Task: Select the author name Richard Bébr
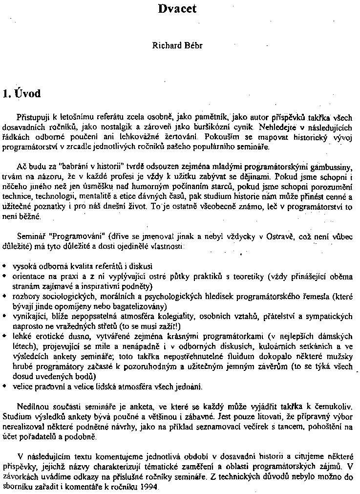(178, 46)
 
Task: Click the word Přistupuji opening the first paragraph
(33, 118)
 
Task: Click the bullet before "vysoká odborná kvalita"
(4, 266)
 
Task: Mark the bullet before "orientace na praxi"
(4, 277)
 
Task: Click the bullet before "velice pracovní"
(4, 386)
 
